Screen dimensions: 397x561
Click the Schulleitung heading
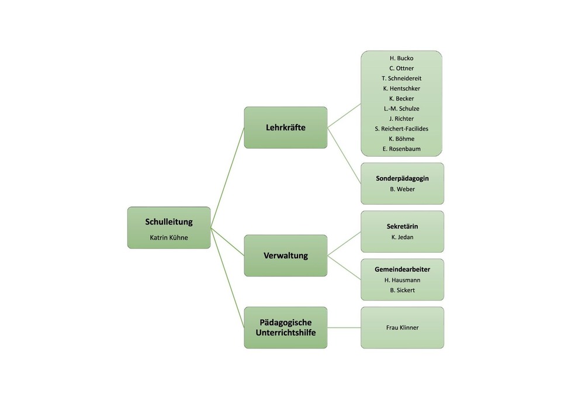169,222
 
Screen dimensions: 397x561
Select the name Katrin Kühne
169,238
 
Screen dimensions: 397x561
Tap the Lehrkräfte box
285,127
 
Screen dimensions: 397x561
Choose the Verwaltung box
285,256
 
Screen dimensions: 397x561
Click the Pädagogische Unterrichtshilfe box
285,327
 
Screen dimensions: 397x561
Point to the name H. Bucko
401,58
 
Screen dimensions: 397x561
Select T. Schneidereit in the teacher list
401,78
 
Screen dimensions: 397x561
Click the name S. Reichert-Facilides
401,129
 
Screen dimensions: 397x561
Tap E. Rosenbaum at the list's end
401,149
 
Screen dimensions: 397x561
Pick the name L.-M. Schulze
401,109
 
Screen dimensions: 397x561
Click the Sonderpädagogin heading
402,178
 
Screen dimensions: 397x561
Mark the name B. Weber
402,189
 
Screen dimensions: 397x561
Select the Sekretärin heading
402,226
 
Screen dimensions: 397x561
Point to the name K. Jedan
402,237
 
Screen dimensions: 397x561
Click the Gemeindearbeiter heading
402,270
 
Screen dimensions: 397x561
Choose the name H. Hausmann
402,280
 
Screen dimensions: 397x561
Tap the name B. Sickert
402,290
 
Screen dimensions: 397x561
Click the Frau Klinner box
402,327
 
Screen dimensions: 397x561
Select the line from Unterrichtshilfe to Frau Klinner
344,327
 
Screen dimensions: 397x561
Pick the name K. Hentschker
401,88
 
